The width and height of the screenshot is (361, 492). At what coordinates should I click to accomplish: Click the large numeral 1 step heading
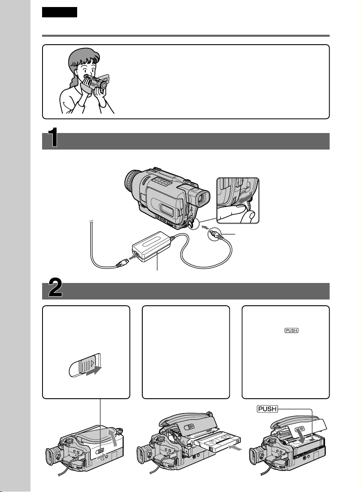53,138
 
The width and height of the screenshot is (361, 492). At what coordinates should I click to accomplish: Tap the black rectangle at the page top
59,12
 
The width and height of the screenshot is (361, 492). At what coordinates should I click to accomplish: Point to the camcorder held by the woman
94,83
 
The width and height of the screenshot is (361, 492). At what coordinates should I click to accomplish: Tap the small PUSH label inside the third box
291,330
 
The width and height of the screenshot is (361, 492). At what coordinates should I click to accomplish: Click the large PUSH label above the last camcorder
267,409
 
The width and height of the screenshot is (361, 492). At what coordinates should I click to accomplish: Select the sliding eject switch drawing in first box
85,366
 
